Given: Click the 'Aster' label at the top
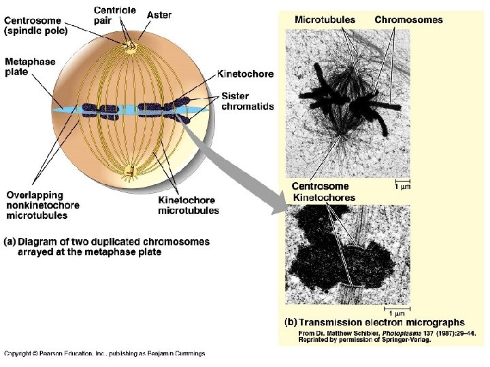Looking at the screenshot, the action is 159,15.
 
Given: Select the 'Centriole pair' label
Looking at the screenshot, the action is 114,16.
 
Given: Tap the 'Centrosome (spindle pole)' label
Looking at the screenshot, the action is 36,26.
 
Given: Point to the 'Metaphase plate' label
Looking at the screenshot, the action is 30,66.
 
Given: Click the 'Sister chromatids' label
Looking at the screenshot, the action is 247,101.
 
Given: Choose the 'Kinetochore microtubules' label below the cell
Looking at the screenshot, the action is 189,205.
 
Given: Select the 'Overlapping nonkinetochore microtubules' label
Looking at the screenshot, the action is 43,205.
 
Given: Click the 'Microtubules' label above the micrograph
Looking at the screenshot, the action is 325,20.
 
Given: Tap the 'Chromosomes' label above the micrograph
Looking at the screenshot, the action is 408,20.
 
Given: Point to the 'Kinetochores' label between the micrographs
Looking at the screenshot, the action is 324,197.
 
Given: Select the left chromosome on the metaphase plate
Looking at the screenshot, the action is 100,109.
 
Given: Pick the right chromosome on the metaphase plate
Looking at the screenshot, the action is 162,107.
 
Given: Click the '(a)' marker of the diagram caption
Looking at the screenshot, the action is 10,241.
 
